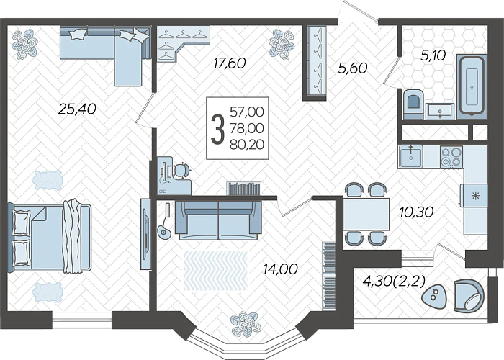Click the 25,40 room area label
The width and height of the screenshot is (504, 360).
77,109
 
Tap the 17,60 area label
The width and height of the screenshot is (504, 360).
230,63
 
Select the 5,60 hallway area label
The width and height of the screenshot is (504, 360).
352,68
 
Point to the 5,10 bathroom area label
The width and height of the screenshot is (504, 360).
433,55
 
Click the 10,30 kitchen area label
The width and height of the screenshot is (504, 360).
416,212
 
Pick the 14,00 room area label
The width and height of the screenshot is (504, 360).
280,269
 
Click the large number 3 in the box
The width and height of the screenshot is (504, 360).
217,129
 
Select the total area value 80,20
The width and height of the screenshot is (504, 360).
247,145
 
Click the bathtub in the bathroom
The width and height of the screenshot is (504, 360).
472,86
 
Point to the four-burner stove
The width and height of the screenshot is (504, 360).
451,157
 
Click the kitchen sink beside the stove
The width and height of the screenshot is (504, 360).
411,156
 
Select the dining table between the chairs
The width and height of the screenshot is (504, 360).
366,214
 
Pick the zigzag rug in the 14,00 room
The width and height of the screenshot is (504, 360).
216,271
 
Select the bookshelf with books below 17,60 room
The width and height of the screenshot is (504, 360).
244,189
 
